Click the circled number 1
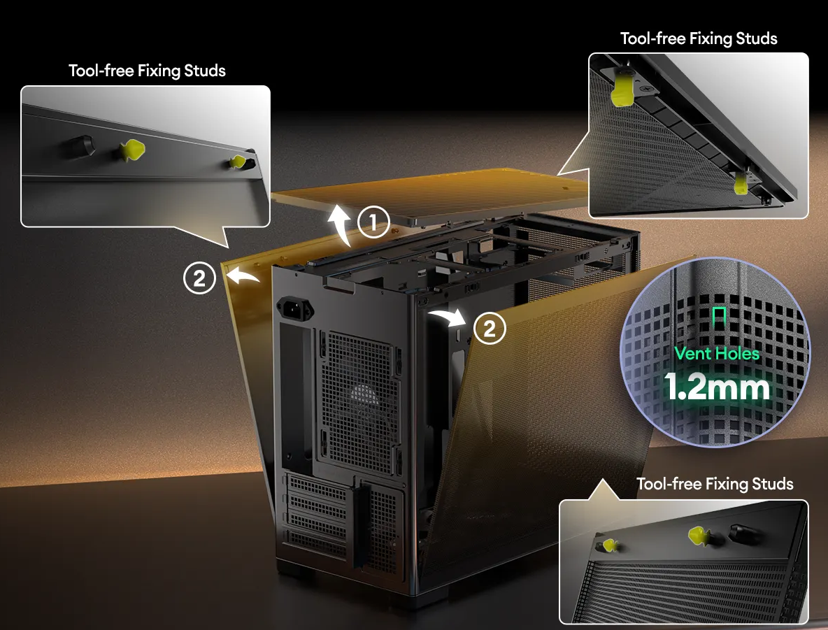[x=373, y=222]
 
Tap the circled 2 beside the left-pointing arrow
[x=199, y=278]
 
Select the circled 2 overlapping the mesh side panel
[x=490, y=329]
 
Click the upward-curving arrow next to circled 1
[x=340, y=224]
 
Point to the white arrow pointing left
[x=243, y=275]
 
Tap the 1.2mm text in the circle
[x=716, y=387]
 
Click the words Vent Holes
[x=717, y=353]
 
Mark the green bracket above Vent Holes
[x=719, y=316]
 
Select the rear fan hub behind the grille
[x=364, y=394]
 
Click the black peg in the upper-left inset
[x=81, y=146]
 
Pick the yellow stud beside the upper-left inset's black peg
[x=131, y=150]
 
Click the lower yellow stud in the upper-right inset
[x=741, y=182]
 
